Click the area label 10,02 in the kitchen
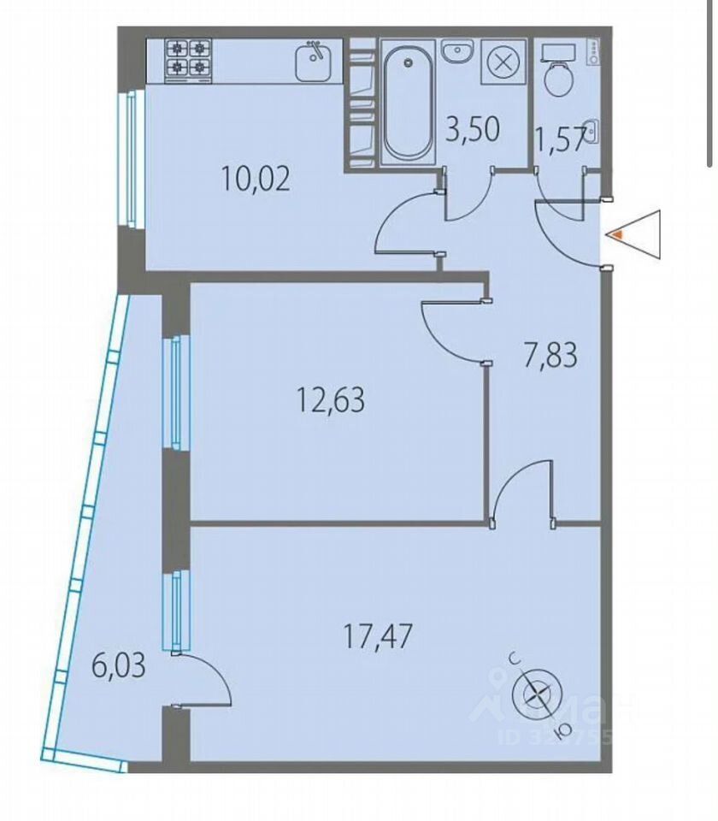pos(256,180)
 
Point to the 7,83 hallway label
pos(550,353)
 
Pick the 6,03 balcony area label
pos(118,664)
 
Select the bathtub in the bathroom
pos(408,103)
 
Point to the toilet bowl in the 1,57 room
pos(560,79)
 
